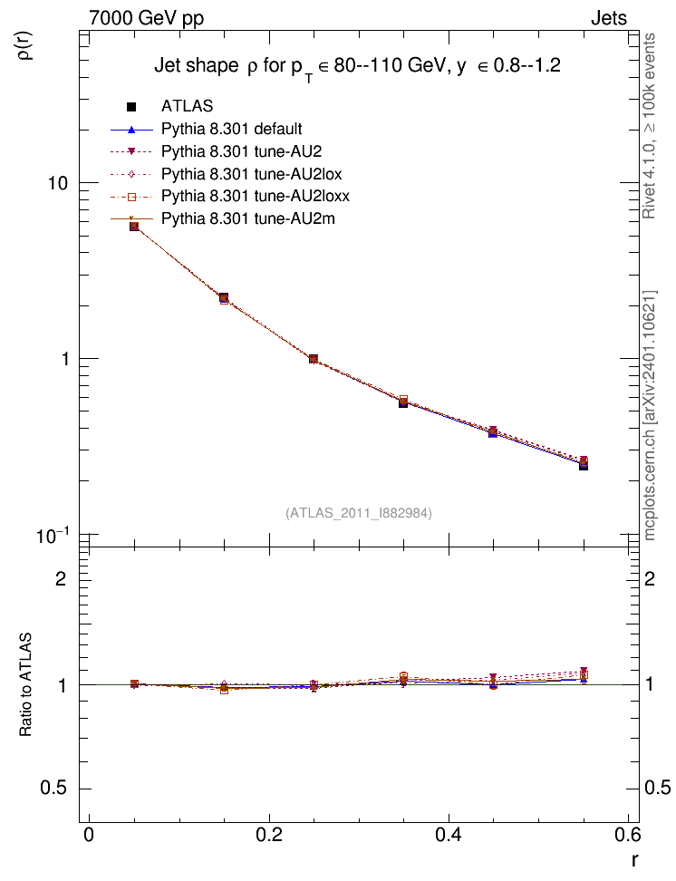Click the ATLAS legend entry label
coord(187,106)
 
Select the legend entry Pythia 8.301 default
coord(231,130)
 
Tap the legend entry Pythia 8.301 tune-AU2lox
coord(252,174)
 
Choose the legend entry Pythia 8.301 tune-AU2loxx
coord(256,196)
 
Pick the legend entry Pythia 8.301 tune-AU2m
coord(247,218)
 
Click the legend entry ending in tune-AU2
coord(242,151)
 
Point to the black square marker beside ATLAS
coord(132,106)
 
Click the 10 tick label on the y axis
coord(57,183)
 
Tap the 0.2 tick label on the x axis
coord(268,835)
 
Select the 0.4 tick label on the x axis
coord(449,835)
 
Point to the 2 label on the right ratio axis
coord(650,578)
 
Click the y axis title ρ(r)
coord(26,44)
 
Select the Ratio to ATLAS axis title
coord(26,685)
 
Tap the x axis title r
coord(635,860)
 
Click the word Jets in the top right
coord(609,18)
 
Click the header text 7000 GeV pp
coord(146,18)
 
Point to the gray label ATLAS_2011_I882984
coord(359,513)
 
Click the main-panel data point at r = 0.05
coord(134,226)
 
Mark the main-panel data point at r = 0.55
coord(584,465)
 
